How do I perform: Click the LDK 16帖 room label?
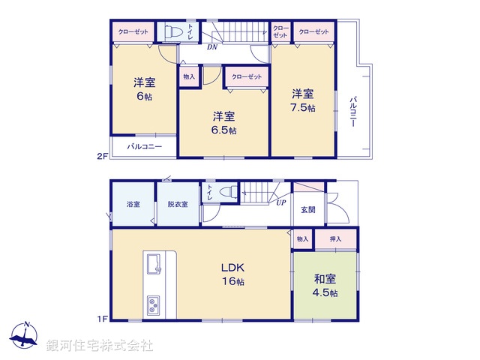coord(231,274)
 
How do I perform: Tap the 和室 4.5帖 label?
coord(325,285)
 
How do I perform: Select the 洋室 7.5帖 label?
coord(304,100)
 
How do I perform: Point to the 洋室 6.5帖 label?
coord(223,123)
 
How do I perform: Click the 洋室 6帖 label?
coord(144,89)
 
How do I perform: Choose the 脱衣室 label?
coord(178,204)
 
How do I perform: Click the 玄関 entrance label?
coord(308,209)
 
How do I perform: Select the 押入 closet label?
coord(335,238)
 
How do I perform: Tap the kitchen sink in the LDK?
coord(157,264)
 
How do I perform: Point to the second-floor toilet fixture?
coord(171,32)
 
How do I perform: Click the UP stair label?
coord(280,202)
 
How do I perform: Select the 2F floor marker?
coord(103,157)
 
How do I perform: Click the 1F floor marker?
coord(103,319)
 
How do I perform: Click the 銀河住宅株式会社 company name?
coord(100,346)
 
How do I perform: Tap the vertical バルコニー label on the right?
coord(352,112)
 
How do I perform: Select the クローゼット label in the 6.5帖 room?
coord(247,76)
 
